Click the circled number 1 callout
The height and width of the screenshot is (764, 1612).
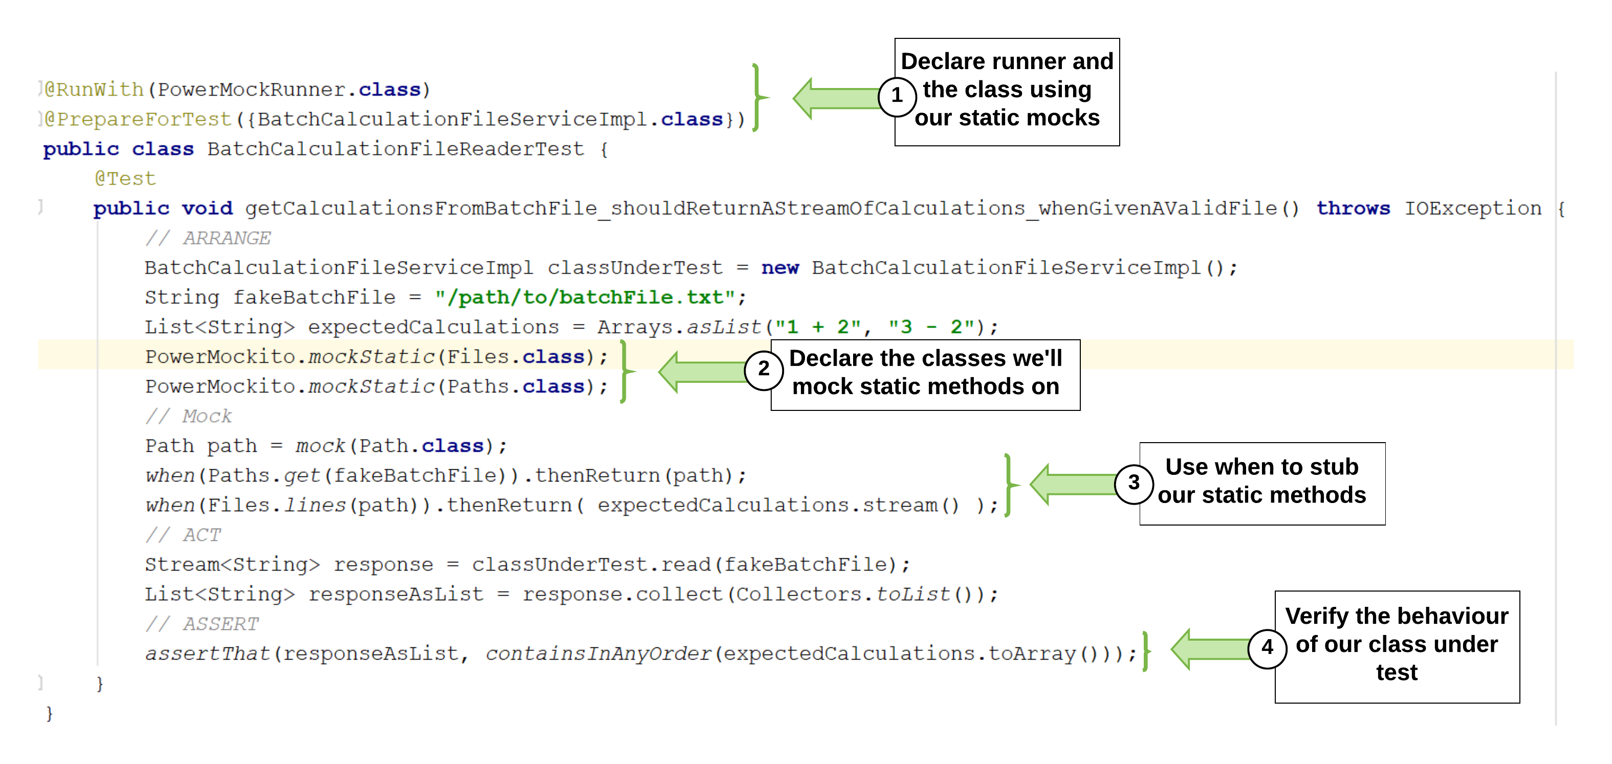897,96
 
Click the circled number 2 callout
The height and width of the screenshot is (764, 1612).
764,369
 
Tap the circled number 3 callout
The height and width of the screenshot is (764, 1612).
1134,483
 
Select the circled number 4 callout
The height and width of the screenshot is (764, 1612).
1267,648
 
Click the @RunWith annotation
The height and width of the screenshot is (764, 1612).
94,90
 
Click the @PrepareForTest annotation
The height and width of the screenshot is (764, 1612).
138,119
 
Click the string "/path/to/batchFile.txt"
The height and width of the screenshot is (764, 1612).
584,297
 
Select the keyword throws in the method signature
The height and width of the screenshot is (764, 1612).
1353,208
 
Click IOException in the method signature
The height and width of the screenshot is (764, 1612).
1472,208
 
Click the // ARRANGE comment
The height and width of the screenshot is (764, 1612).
208,238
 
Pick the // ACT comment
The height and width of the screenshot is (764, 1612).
183,535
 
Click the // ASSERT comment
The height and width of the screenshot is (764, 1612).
202,624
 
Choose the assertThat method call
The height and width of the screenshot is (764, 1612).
207,654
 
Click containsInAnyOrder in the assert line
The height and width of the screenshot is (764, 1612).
598,654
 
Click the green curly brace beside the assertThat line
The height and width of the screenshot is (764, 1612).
1146,651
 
